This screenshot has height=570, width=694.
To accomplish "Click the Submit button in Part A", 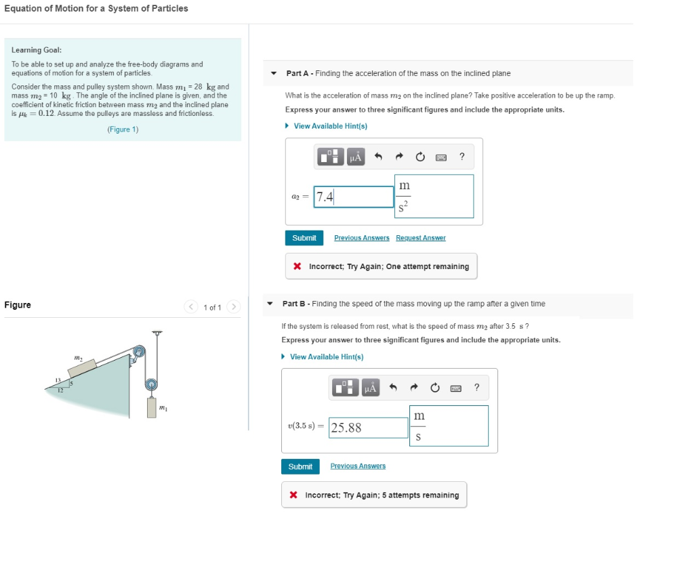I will click(x=304, y=238).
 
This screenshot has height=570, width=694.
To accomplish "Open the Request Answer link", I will click(x=420, y=238).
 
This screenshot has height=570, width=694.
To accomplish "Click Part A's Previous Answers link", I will click(x=361, y=238).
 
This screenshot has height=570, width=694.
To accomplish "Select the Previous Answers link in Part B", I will click(x=358, y=466).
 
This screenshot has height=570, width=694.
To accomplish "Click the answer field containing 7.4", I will click(x=354, y=197).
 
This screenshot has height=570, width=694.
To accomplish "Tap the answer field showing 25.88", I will click(x=369, y=428).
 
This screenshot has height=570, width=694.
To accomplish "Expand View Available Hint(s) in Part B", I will click(x=326, y=357).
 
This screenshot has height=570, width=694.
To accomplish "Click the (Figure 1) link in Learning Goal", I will click(x=123, y=129).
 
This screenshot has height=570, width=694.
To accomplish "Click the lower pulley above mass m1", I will click(x=152, y=384).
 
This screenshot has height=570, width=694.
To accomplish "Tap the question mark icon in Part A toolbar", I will click(x=462, y=157).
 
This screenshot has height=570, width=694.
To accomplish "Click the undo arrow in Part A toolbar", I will click(x=379, y=157).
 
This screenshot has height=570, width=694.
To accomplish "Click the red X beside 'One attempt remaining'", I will click(x=297, y=266).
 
